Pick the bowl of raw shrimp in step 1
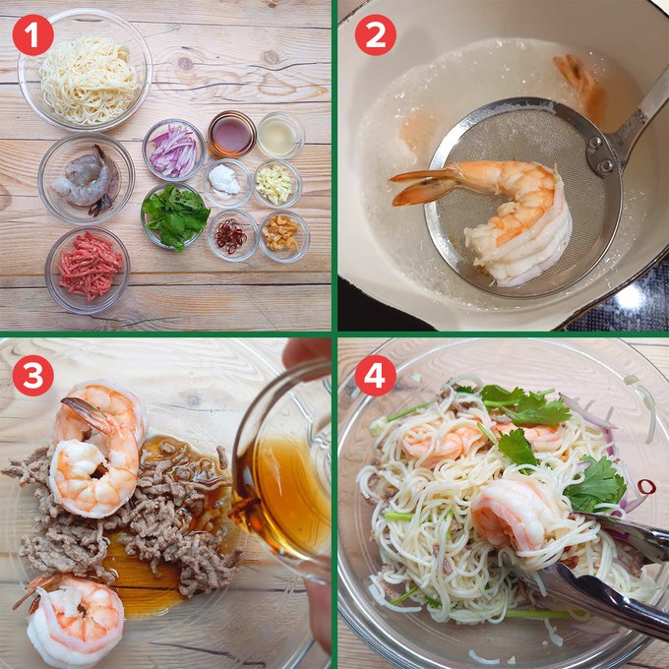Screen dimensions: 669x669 pyautogui.click(x=86, y=177)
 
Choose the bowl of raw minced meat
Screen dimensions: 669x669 pyautogui.click(x=89, y=266)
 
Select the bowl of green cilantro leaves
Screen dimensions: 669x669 pyautogui.click(x=175, y=215)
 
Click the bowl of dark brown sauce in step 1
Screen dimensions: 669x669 pyautogui.click(x=232, y=135)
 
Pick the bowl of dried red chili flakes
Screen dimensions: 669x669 pyautogui.click(x=232, y=236)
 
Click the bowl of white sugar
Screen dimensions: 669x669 pyautogui.click(x=226, y=181)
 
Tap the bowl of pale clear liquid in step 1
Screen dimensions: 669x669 pyautogui.click(x=280, y=135)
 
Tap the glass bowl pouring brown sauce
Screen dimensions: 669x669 pyautogui.click(x=285, y=472)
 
